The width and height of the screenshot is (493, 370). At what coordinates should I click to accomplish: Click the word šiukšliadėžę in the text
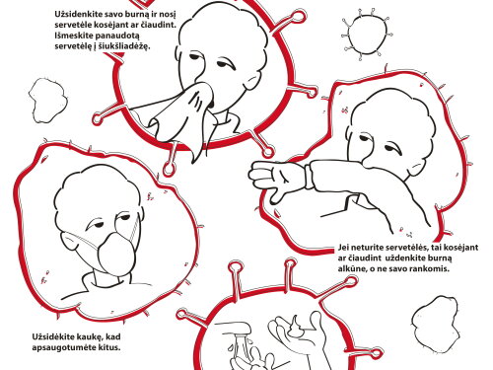(x=123, y=46)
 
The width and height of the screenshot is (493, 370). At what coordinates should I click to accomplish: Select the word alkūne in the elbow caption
(x=354, y=268)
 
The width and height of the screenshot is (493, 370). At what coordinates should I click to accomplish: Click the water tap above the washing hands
(x=234, y=329)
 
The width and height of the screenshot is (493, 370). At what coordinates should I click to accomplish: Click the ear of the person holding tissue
(x=251, y=82)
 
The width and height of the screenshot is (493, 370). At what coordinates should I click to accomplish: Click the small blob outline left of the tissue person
(x=48, y=100)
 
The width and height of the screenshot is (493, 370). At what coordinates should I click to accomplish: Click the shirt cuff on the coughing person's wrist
(x=309, y=177)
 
